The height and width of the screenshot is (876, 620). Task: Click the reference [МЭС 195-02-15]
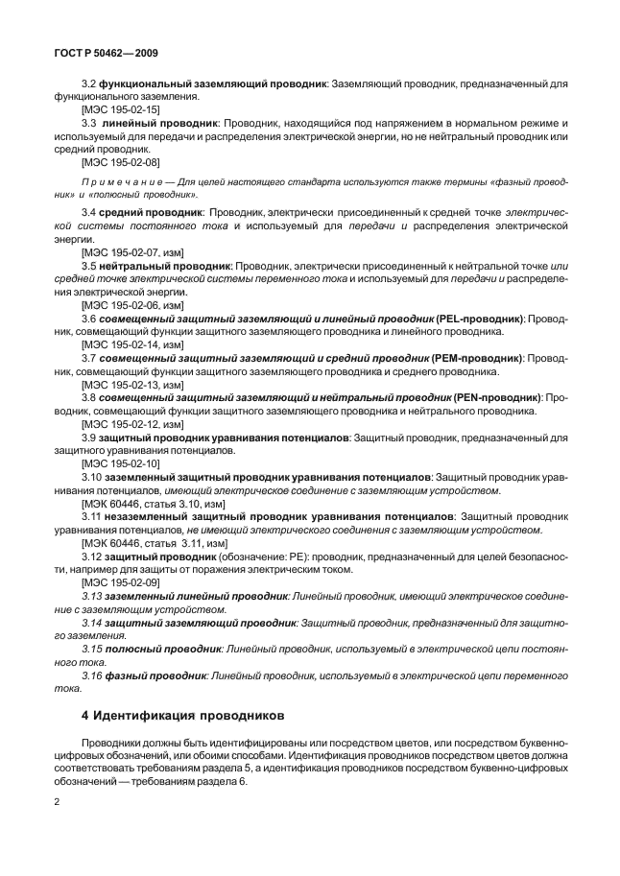(121, 111)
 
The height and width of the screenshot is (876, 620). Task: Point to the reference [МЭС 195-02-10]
(121, 462)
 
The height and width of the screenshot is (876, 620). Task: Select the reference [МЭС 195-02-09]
(121, 581)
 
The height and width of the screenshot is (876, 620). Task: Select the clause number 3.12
(92, 556)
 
